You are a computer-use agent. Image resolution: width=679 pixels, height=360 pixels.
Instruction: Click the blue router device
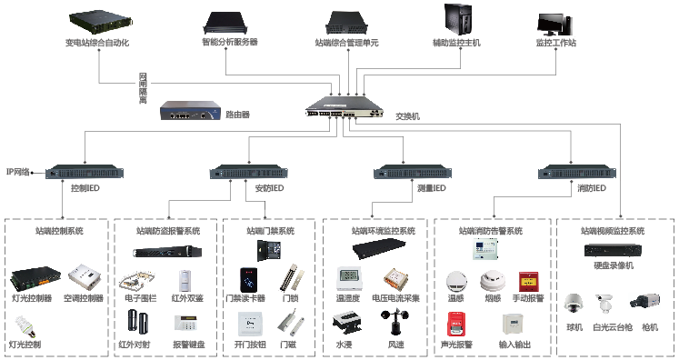(190, 110)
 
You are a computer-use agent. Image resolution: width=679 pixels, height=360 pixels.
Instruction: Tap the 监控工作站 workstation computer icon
(554, 24)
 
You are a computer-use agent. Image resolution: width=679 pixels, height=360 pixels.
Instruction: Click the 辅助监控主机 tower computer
(457, 20)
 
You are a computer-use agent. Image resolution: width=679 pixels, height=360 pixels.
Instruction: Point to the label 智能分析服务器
(229, 42)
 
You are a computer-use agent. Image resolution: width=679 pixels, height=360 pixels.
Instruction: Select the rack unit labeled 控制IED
(85, 172)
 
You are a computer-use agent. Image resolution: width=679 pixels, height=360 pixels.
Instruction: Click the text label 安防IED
(269, 188)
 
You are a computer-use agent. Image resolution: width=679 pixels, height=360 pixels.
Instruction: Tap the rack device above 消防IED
(577, 172)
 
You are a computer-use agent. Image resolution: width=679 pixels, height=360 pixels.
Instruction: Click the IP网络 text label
(18, 172)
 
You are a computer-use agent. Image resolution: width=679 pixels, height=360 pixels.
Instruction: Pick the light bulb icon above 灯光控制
(25, 326)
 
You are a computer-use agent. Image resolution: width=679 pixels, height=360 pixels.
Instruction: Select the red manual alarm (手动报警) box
(528, 282)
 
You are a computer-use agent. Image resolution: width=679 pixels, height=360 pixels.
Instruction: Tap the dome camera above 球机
(574, 304)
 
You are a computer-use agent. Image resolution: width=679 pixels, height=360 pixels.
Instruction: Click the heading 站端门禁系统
(270, 231)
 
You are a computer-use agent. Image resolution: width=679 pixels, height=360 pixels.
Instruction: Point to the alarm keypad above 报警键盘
(185, 324)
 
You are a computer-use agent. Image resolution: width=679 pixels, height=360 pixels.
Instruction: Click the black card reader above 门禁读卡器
(248, 280)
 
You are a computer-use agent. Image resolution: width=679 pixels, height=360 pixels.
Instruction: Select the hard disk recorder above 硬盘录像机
(613, 250)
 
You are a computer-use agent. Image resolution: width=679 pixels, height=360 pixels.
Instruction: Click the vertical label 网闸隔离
(143, 88)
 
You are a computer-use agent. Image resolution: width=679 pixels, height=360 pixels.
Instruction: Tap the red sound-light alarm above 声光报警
(455, 324)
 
